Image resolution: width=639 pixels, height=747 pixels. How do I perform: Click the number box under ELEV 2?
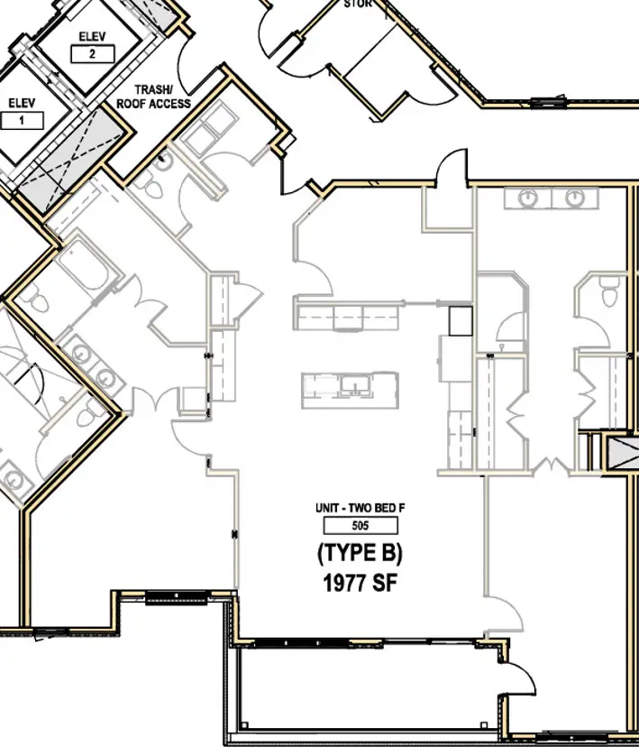coord(92,54)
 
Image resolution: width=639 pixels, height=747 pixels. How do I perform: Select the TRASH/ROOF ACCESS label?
coord(153,97)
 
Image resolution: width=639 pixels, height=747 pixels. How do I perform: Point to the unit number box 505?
coord(360,526)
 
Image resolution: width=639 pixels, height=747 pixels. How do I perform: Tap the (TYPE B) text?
coord(360,553)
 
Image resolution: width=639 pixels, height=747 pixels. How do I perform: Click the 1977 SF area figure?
coord(360,583)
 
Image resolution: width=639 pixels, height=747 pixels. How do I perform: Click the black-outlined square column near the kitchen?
coord(460,320)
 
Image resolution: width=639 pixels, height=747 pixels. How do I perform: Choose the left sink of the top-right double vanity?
coord(526,198)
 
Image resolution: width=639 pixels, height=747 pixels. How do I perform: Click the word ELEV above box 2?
coord(92,37)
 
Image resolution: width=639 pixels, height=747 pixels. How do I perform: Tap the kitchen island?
coord(349,389)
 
